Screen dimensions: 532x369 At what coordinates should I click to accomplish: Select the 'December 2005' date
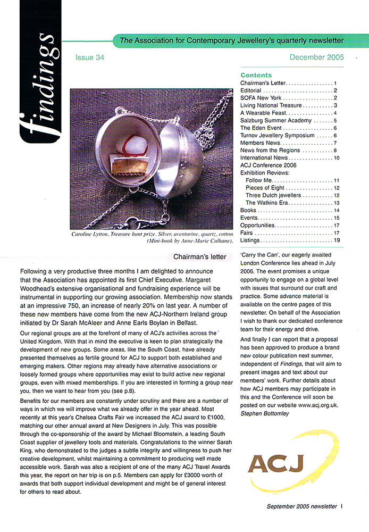[317, 57]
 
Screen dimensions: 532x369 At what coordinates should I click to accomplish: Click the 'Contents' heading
[256, 75]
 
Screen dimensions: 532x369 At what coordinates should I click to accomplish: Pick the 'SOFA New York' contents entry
[261, 98]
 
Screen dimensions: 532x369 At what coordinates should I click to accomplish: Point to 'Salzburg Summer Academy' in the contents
[275, 121]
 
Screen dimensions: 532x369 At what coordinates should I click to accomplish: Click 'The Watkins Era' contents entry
[267, 203]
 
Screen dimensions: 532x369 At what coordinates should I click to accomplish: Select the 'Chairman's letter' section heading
[200, 257]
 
